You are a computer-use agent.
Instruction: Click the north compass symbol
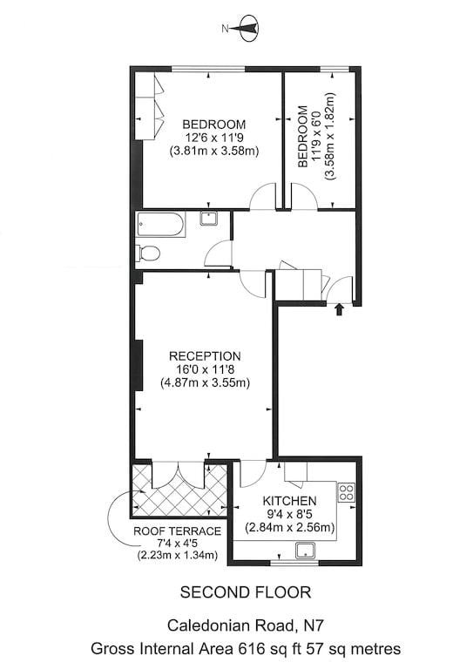(248, 29)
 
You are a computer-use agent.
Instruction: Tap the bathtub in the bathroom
(161, 225)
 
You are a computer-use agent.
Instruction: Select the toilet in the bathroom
(147, 253)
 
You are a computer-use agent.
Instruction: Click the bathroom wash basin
(209, 219)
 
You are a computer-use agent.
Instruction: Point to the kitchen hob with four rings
(347, 491)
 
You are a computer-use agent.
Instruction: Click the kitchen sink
(306, 551)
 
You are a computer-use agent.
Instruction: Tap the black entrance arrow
(340, 309)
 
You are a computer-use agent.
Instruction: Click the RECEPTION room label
(205, 356)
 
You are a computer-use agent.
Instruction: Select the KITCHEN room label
(289, 501)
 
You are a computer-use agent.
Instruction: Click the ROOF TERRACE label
(178, 531)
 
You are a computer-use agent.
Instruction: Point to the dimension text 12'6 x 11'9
(214, 138)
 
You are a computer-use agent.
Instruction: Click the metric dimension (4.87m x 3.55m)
(205, 382)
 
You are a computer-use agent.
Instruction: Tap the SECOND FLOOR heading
(246, 592)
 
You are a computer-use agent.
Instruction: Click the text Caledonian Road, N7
(246, 626)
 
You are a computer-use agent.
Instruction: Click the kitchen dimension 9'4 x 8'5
(289, 514)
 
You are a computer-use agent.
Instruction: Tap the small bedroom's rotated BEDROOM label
(302, 137)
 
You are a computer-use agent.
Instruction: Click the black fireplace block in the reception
(139, 365)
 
